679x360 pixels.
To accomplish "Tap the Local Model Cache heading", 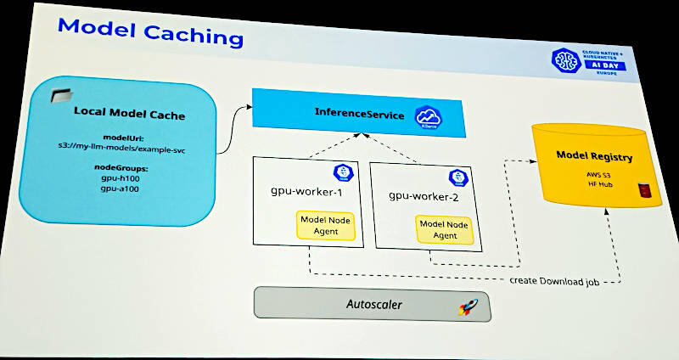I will tap(129, 112).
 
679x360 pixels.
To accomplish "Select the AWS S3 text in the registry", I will tap(594, 175).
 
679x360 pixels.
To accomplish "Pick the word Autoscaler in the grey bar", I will tap(374, 304).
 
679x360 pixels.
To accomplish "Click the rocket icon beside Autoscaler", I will tap(467, 307).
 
